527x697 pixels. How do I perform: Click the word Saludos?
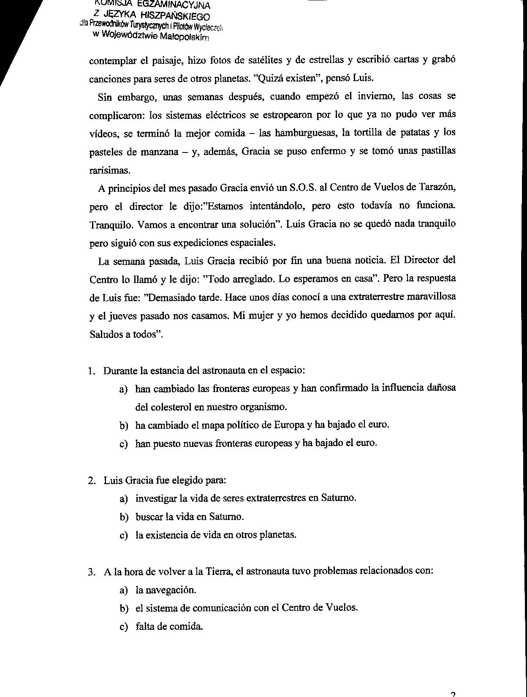click(106, 334)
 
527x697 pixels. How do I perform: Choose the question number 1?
click(91, 371)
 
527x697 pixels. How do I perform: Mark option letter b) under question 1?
click(124, 425)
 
